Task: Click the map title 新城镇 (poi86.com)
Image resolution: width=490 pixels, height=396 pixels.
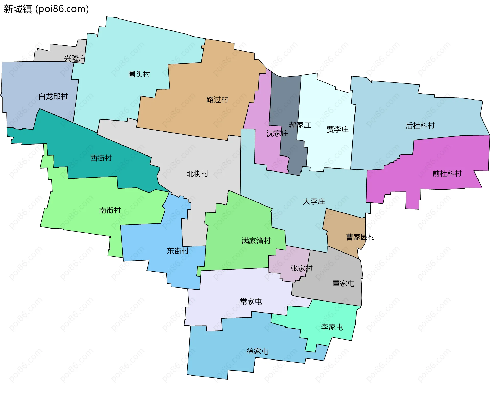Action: coord(46,9)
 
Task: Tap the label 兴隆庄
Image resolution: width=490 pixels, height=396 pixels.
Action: coord(75,58)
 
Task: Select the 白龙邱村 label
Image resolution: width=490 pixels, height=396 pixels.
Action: coord(53,96)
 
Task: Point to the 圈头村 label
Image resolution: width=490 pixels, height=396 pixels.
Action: coord(139,74)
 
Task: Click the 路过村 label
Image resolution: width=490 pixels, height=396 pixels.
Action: coord(217,99)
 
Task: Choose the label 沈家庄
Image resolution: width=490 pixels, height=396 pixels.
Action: coord(277,133)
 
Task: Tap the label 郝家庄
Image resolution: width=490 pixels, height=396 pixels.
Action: coord(300,125)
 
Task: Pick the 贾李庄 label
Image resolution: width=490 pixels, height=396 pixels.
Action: coord(337,129)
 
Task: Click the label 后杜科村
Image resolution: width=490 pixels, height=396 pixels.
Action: coord(420,125)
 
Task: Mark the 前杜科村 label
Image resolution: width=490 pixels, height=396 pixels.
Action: coord(447,174)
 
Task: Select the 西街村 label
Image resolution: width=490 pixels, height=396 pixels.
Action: coord(101,158)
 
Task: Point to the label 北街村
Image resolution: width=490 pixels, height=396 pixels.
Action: coord(198,174)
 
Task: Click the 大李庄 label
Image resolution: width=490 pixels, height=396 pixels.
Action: coord(314,201)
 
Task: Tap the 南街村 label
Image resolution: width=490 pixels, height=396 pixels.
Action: coord(110,210)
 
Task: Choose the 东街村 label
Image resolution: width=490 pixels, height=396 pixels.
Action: coord(178,251)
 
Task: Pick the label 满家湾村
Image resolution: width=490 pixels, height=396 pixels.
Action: coord(256,241)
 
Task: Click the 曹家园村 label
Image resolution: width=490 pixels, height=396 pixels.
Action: coord(360,237)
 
